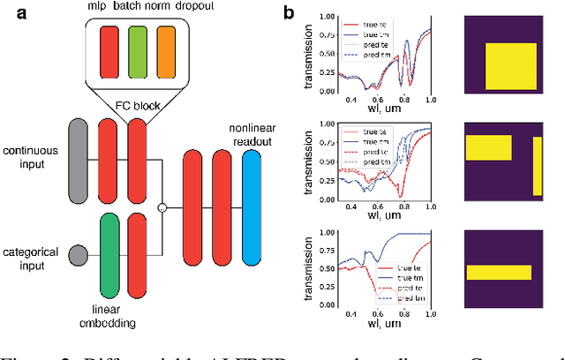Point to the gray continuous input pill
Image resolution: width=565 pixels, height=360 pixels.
coord(79,161)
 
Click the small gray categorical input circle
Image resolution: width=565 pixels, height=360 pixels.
coord(79,255)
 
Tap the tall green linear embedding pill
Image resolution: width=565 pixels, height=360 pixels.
coord(109,253)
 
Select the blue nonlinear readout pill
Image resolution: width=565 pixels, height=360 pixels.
coord(252,207)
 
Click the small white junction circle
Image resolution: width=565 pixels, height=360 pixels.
coord(162,208)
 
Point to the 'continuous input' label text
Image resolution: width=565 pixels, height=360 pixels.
coord(33,161)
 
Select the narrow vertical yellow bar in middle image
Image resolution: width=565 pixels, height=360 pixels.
coord(536,166)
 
